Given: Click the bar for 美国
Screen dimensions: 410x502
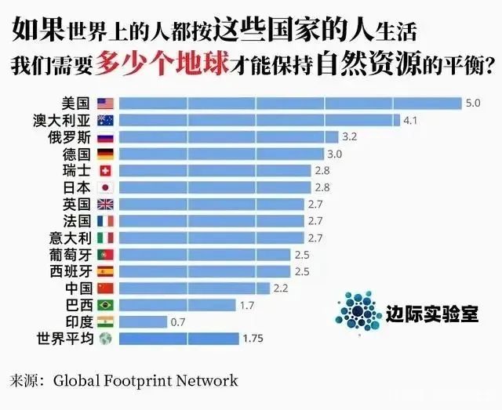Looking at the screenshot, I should click(x=290, y=103).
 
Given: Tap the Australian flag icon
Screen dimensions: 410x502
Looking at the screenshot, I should click(x=105, y=120).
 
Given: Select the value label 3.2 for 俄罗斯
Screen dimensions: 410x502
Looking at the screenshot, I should click(x=349, y=136).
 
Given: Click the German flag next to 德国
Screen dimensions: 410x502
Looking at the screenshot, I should click(x=105, y=154).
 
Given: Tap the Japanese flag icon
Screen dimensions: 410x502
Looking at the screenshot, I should click(x=105, y=187).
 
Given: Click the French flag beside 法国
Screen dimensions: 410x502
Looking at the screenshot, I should click(x=105, y=221).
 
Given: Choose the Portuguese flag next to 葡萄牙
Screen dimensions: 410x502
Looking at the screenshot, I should click(x=105, y=255).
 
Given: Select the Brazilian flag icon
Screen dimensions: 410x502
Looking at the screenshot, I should click(x=105, y=305).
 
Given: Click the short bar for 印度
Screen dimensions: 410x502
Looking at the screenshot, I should click(x=144, y=321).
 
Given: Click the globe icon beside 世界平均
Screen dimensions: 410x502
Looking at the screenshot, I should click(x=105, y=339).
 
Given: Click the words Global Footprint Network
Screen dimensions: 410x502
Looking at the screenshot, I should click(x=145, y=382).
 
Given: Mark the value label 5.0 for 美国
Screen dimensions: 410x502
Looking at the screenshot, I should click(x=472, y=103).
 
